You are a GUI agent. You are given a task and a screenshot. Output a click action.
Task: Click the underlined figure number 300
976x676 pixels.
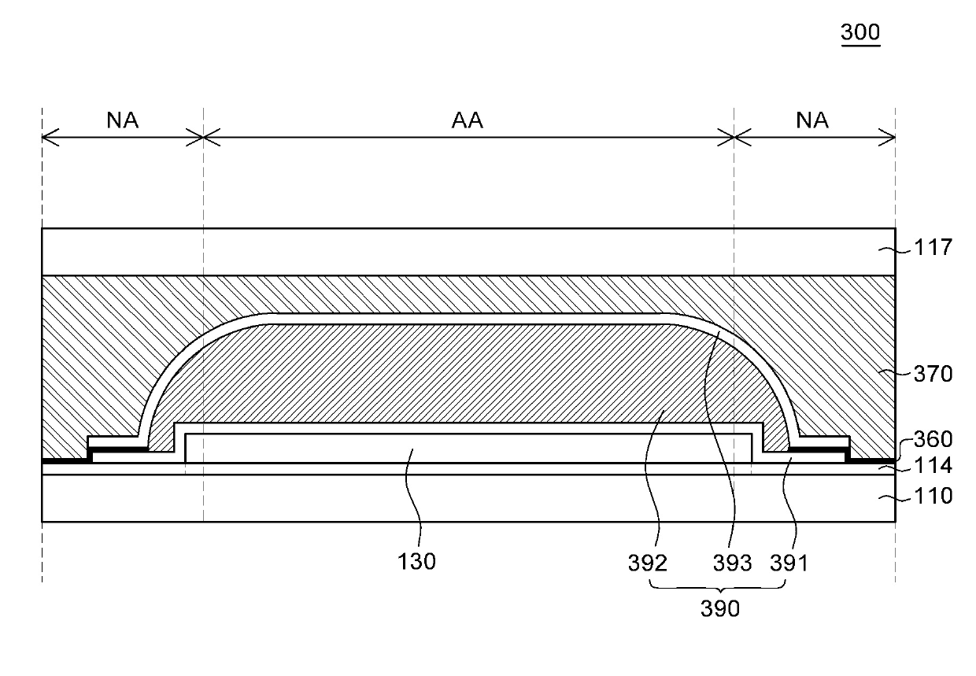860,33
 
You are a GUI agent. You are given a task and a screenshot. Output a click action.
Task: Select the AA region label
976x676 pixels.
467,120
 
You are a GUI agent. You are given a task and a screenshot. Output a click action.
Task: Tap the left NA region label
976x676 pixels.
122,120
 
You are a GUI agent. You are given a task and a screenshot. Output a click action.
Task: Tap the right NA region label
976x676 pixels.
811,120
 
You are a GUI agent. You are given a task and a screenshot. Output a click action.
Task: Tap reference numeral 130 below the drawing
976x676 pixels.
417,563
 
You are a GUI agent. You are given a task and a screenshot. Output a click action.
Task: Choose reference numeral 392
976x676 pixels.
648,563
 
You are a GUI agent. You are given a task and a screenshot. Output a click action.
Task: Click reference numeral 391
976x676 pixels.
789,563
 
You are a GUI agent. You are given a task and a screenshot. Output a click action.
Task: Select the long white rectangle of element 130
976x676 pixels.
472,448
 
